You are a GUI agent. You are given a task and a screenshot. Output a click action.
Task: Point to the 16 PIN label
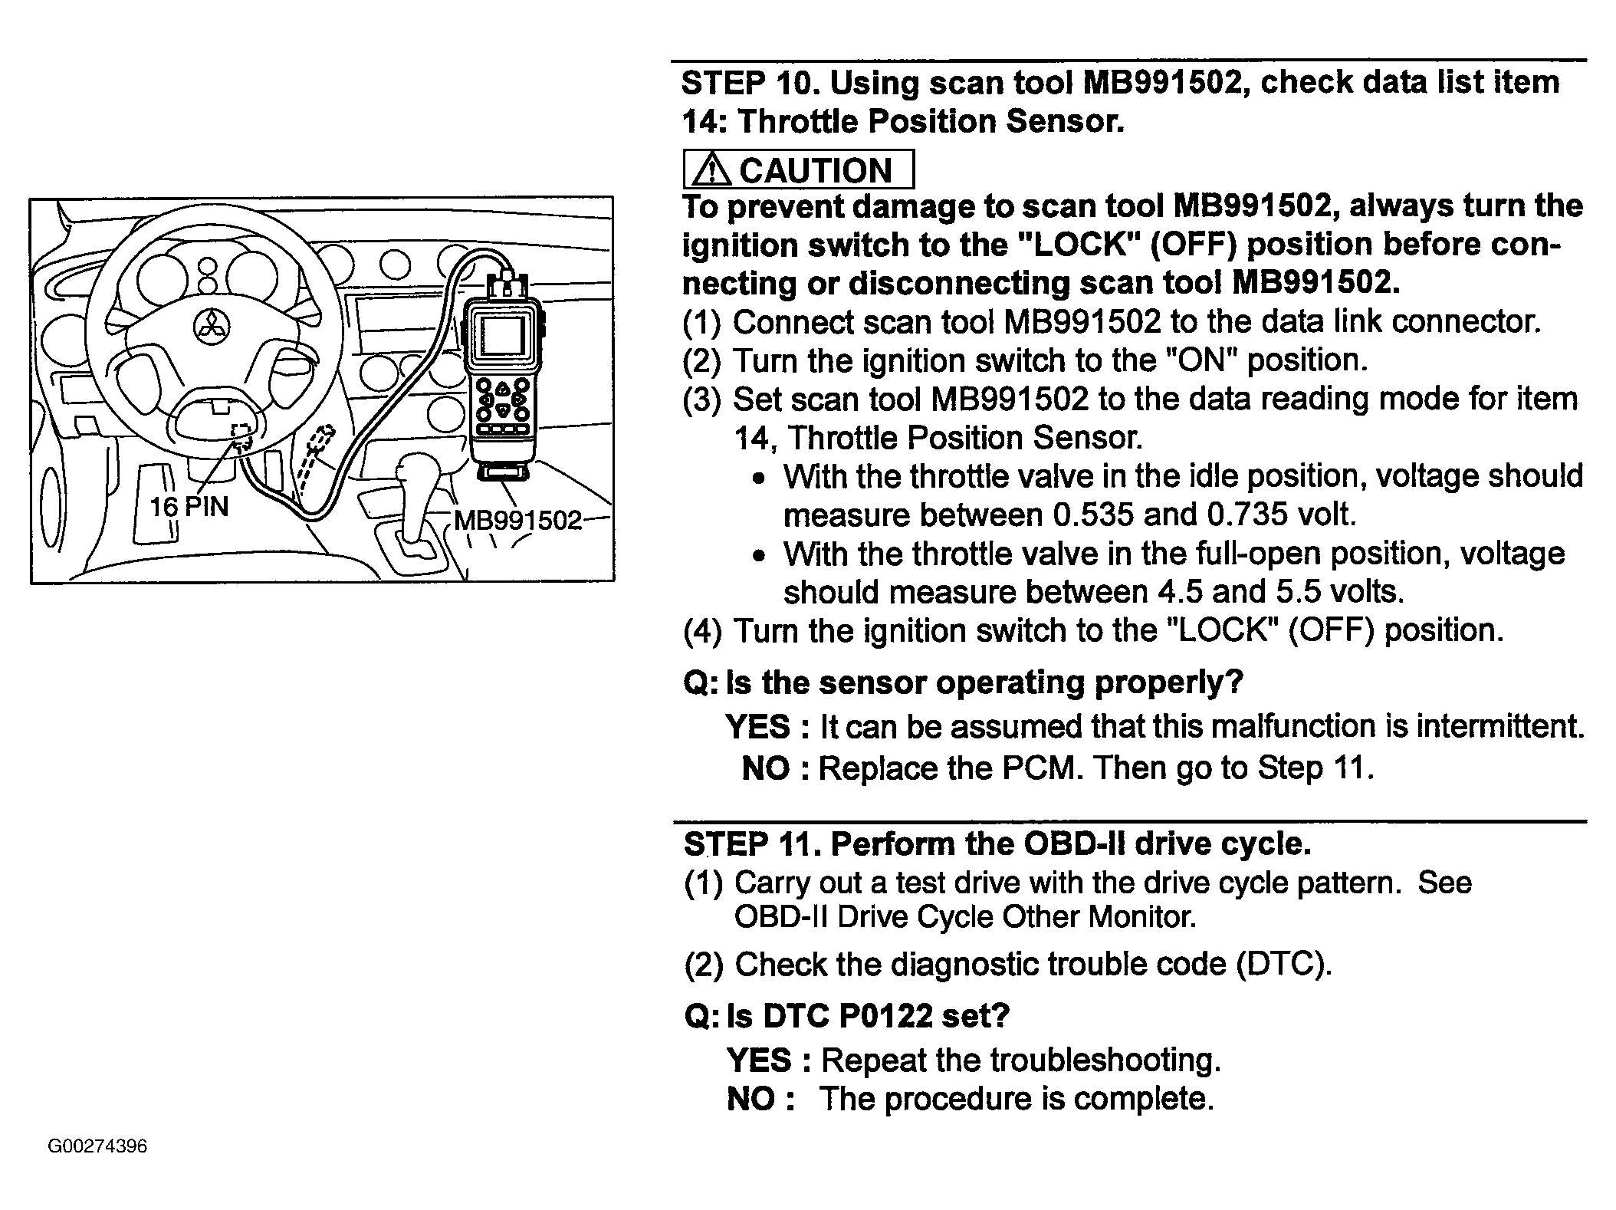189,506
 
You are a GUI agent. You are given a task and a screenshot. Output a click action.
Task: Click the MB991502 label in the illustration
518,521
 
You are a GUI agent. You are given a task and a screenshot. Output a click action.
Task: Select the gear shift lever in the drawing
416,498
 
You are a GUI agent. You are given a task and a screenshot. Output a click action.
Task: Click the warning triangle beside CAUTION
711,169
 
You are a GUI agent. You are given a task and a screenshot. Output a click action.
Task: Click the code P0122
886,1016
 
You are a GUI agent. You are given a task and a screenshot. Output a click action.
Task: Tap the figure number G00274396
97,1146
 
